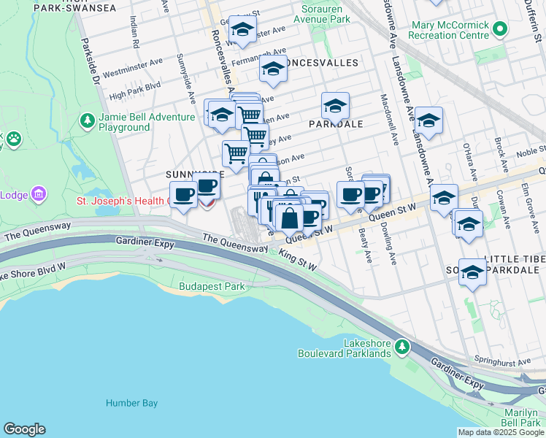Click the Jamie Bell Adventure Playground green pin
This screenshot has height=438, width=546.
(87, 120)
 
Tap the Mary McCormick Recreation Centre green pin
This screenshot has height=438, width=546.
(499, 30)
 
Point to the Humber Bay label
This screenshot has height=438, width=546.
(128, 403)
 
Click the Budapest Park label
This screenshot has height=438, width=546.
(212, 286)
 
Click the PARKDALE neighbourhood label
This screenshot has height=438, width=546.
(336, 124)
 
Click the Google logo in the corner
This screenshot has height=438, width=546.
(24, 429)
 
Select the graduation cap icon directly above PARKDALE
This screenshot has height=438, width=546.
(335, 105)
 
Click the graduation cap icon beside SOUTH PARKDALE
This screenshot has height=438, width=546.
(472, 272)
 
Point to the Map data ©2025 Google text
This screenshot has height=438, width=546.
(501, 432)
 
